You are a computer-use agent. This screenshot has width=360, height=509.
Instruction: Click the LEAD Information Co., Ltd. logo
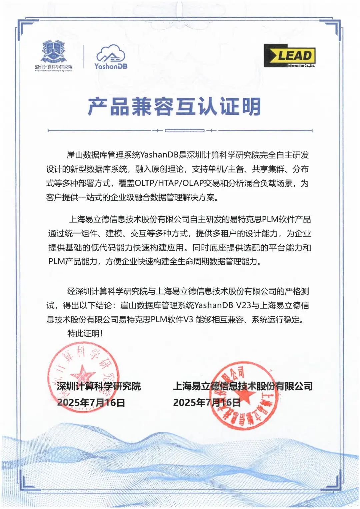pyautogui.click(x=289, y=56)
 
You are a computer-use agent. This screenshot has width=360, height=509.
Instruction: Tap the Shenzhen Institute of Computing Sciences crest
pyautogui.click(x=54, y=52)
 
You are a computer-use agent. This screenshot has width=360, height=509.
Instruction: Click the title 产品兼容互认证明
pyautogui.click(x=174, y=107)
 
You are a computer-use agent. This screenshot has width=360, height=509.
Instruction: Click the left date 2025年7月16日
pyautogui.click(x=91, y=403)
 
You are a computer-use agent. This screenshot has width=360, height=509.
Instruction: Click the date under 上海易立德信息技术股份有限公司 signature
pyautogui.click(x=207, y=403)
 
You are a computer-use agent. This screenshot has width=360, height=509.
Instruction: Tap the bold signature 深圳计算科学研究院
pyautogui.click(x=99, y=386)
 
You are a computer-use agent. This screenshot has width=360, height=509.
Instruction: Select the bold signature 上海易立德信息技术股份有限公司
pyautogui.click(x=243, y=386)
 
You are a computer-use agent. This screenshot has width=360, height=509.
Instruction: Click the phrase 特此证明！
pyautogui.click(x=85, y=334)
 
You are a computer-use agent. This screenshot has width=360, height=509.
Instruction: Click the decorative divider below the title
pyautogui.click(x=180, y=131)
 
